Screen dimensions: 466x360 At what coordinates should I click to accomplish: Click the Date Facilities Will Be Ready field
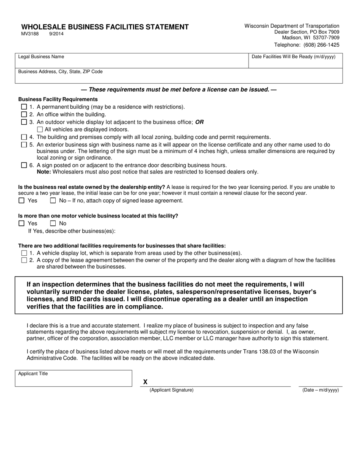[295, 61]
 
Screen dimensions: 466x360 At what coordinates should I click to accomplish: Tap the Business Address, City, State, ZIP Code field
[178, 76]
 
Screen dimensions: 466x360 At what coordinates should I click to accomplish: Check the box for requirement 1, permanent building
[24, 107]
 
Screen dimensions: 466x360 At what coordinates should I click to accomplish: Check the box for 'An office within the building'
[24, 114]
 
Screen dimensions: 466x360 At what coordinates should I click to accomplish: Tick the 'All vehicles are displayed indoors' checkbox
[40, 129]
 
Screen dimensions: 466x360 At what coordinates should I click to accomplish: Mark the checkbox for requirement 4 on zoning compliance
[24, 137]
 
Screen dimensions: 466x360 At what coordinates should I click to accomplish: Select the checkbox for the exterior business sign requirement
[24, 145]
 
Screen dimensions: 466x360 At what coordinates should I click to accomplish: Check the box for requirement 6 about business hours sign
[24, 165]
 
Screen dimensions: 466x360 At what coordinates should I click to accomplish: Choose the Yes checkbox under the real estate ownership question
[22, 200]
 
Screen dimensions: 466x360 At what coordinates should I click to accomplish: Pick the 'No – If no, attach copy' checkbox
[53, 200]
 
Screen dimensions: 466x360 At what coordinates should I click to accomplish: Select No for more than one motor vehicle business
[53, 223]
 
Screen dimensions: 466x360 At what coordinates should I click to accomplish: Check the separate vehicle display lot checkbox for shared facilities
[24, 253]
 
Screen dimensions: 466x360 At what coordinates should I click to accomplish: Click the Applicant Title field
[74, 378]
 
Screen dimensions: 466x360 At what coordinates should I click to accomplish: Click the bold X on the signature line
[146, 382]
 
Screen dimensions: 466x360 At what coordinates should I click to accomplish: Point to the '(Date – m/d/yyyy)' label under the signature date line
[320, 390]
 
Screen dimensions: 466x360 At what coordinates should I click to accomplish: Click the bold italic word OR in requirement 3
[199, 122]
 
